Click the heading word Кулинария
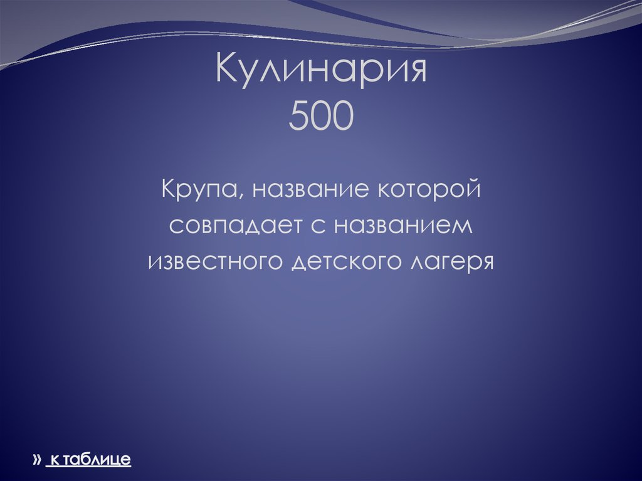(321, 71)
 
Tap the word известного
(216, 260)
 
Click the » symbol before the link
(36, 460)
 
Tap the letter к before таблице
(54, 460)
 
